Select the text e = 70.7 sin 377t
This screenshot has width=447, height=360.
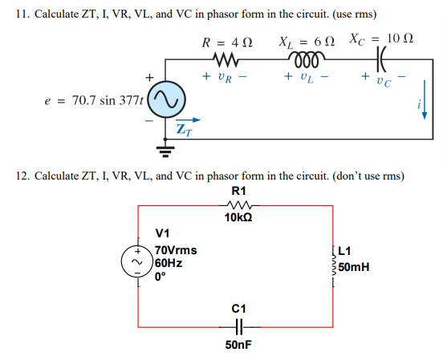[x=95, y=102]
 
